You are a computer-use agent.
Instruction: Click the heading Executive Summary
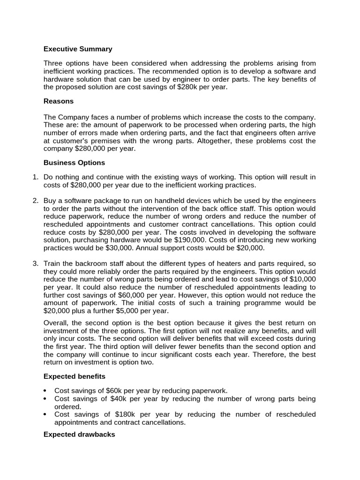coord(78,49)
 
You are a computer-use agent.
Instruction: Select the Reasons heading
coord(59,101)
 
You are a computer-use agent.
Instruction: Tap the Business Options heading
coord(74,163)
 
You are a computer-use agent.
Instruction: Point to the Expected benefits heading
coord(75,376)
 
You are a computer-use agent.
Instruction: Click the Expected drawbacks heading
coord(79,435)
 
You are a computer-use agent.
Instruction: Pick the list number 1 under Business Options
coord(35,177)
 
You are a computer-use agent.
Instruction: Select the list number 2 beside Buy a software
coord(35,201)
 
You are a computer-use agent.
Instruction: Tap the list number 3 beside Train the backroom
coord(35,263)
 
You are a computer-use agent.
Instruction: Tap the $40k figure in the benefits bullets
coord(123,399)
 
